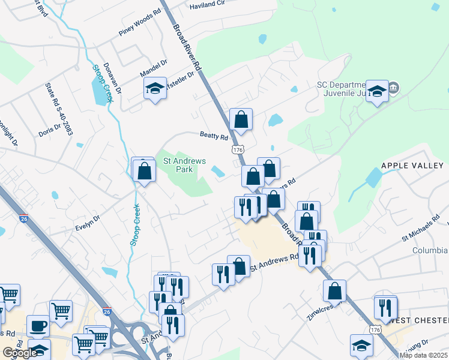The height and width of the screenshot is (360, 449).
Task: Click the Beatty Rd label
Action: [214, 137]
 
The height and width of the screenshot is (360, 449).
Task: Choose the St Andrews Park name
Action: [185, 165]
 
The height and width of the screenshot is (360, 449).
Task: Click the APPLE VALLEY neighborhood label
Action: [412, 165]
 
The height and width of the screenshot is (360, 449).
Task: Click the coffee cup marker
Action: [38, 325]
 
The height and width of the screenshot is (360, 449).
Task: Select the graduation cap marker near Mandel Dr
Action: [155, 89]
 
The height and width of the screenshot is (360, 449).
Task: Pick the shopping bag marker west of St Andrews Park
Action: [144, 170]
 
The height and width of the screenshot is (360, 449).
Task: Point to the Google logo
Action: [20, 353]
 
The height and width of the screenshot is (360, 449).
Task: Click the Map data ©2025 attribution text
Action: [423, 355]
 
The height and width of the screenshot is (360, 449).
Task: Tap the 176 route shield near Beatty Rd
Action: [239, 148]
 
